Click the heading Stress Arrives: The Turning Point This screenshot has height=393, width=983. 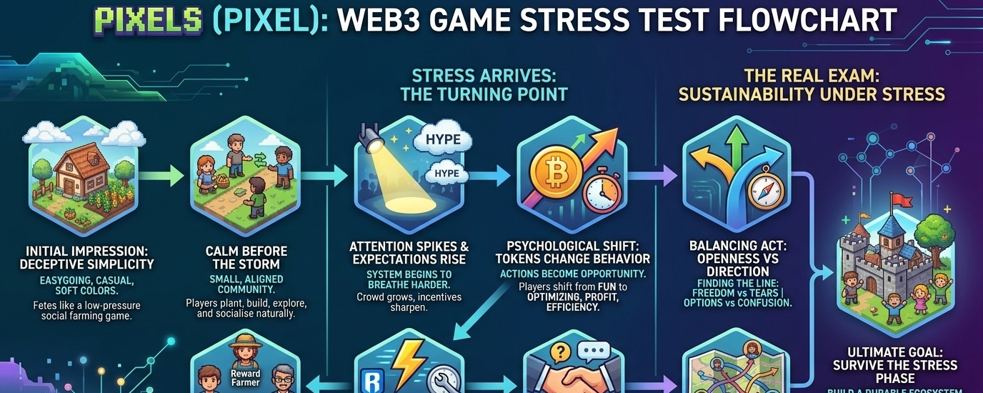coord(484,84)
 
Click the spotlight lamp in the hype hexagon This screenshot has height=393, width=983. coord(371,140)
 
